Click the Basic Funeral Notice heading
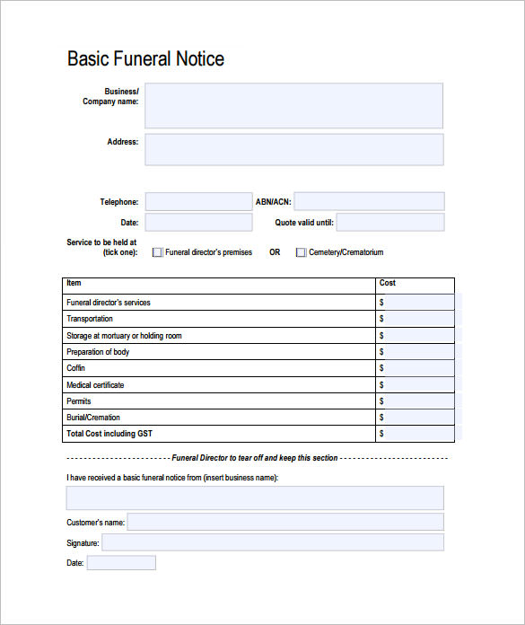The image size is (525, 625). tap(145, 59)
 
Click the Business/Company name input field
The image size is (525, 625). tap(293, 106)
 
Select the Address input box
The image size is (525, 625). tap(293, 150)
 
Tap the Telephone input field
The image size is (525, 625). tap(198, 202)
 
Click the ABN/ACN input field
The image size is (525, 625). tap(369, 202)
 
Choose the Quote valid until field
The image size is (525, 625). tap(390, 222)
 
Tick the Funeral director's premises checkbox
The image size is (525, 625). tap(158, 252)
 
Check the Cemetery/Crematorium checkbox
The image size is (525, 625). tap(301, 252)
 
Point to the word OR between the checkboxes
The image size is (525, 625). tap(275, 252)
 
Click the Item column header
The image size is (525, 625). tap(74, 283)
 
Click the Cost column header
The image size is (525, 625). tap(388, 283)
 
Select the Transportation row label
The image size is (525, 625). tap(90, 319)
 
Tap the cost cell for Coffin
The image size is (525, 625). tap(418, 368)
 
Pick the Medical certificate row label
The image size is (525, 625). tap(95, 385)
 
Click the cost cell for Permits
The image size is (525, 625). tap(418, 401)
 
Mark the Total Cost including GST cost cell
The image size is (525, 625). tap(418, 434)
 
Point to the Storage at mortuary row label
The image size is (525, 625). tap(124, 336)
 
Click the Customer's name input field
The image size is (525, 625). tap(285, 522)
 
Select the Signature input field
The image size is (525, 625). tap(273, 542)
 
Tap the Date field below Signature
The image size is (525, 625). tap(121, 563)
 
